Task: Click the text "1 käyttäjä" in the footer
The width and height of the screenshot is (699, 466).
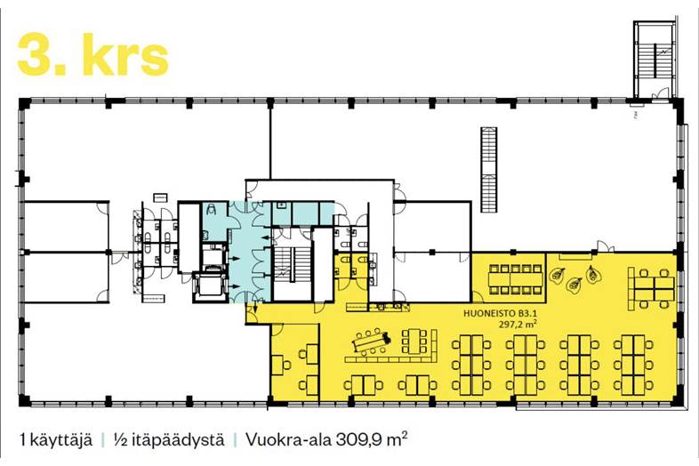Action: (55, 439)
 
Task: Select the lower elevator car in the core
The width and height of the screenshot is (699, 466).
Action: (212, 285)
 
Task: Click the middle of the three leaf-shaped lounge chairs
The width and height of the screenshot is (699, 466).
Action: (574, 285)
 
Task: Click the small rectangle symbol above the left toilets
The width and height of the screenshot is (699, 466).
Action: (159, 195)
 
